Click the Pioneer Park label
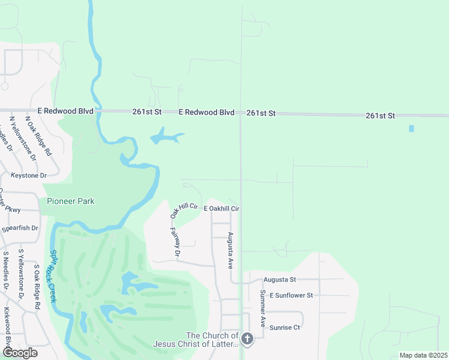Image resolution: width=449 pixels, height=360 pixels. [71, 202]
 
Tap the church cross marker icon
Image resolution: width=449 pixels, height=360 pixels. [247, 340]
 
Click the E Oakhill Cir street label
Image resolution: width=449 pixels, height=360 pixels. [221, 208]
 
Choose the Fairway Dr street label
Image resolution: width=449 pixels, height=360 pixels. [175, 242]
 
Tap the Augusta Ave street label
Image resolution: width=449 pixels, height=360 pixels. [231, 250]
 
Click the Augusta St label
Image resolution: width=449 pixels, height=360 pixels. [280, 280]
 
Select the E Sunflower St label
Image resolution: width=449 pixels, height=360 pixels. [291, 295]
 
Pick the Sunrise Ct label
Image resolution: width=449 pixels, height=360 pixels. [285, 328]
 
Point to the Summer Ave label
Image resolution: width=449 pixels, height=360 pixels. [262, 308]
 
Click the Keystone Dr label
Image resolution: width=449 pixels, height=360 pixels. [28, 175]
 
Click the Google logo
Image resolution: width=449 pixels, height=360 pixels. [20, 352]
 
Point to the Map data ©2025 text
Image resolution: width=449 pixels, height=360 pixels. [423, 355]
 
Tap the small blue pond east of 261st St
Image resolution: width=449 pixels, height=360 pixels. [411, 128]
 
